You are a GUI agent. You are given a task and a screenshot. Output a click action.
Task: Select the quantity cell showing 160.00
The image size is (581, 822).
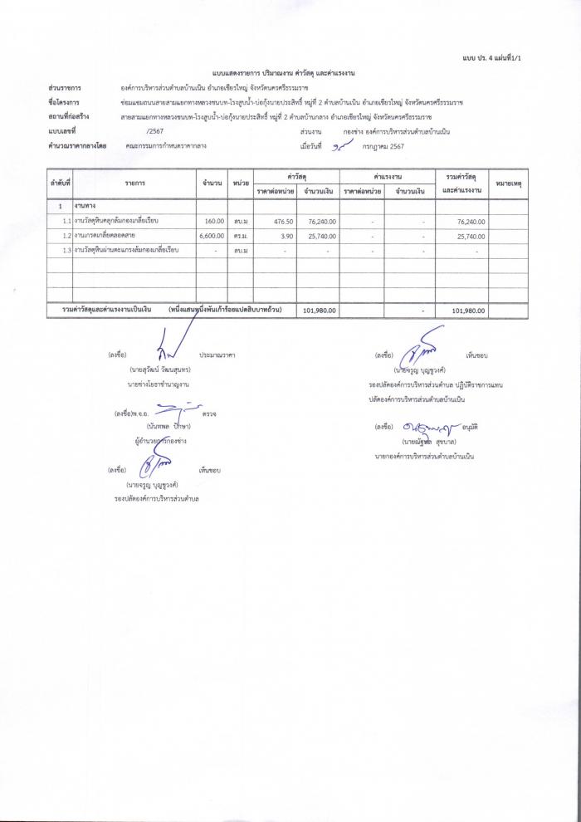click(214, 222)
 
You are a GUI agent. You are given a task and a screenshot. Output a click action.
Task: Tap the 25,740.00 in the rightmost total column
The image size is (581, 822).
click(470, 236)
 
